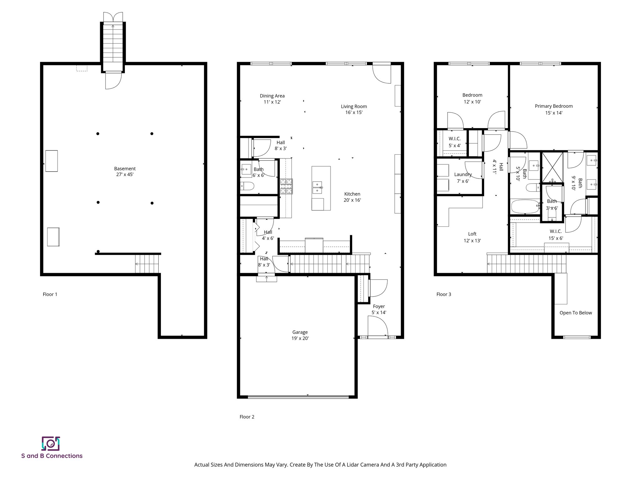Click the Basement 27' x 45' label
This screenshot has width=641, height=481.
[125, 171]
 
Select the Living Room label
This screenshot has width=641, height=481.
[354, 106]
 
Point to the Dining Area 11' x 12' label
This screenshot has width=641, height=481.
[272, 99]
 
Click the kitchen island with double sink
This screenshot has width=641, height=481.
[321, 188]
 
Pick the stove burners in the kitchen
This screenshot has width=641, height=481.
[286, 186]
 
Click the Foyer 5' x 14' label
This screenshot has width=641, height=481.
[379, 309]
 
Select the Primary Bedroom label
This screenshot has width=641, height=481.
[553, 106]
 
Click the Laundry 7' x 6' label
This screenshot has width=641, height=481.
[463, 178]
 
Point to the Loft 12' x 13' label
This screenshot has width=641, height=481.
[472, 237]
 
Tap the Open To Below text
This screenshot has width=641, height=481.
[576, 313]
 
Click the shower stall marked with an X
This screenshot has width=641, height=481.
[552, 167]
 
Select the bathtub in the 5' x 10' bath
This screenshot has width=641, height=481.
[525, 207]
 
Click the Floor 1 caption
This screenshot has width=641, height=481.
[50, 294]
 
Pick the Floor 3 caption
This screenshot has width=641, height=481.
[444, 294]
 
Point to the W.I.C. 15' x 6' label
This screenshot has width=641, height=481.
[555, 235]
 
